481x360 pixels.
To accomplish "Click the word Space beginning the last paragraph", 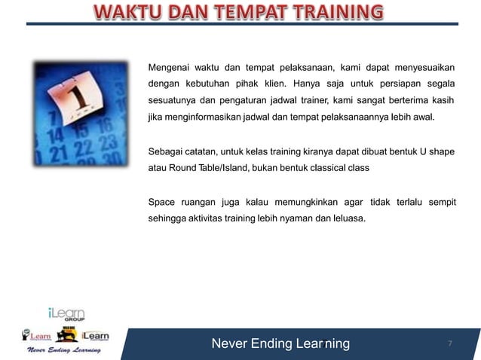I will (x=161, y=202).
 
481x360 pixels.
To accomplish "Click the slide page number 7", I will (x=450, y=344).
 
